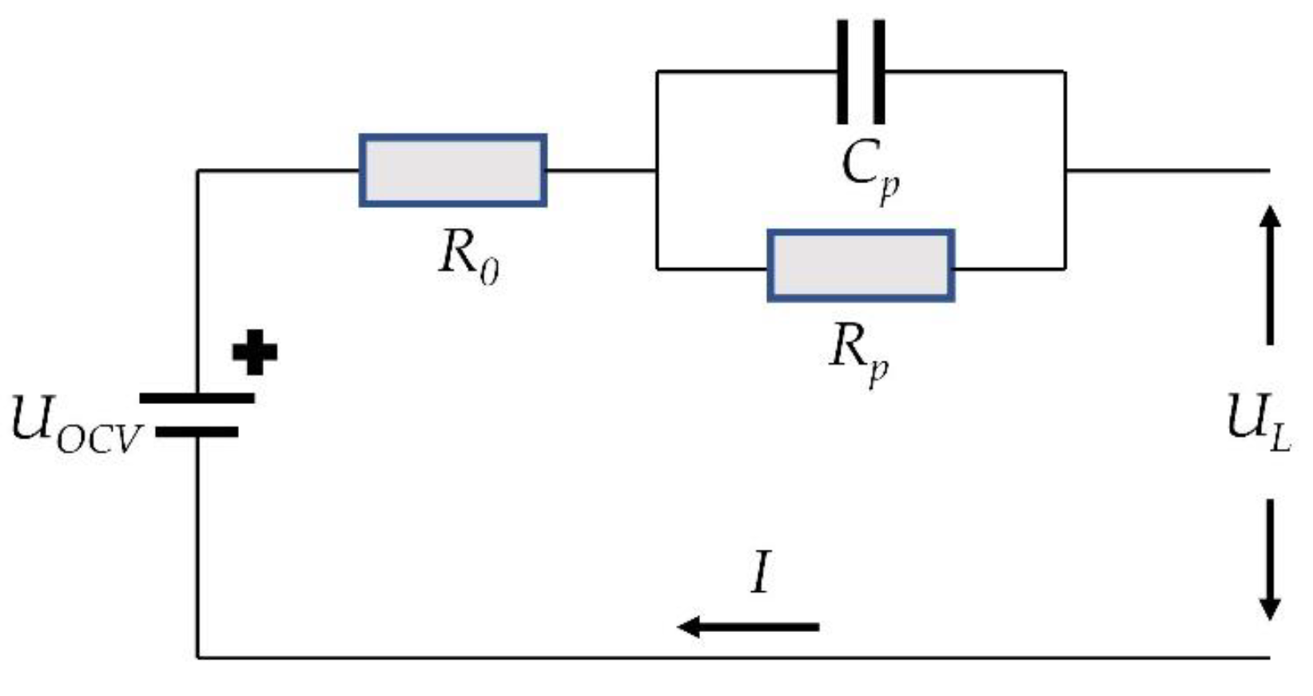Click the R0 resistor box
[452, 170]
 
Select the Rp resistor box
[861, 266]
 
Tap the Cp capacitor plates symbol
[861, 72]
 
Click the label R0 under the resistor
[469, 258]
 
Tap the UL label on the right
[1258, 424]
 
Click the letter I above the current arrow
[761, 573]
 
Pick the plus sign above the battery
[255, 352]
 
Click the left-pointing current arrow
[748, 626]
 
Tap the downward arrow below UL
[1270, 560]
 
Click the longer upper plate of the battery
[197, 398]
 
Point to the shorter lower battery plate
[197, 432]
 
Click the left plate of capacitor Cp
[842, 72]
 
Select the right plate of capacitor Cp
[879, 72]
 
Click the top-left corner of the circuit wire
[198, 171]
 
